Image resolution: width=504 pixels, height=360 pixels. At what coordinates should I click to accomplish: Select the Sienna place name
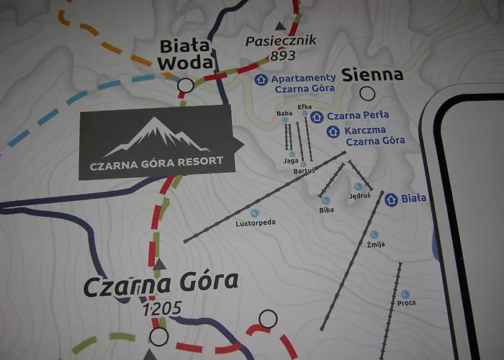(372, 75)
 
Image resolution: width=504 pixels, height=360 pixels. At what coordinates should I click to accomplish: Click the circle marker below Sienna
(368, 93)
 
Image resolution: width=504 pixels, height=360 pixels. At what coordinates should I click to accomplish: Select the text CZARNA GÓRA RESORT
(156, 161)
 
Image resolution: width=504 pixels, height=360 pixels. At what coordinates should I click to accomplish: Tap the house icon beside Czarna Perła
(315, 115)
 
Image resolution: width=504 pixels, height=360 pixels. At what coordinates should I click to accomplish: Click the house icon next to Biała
(391, 199)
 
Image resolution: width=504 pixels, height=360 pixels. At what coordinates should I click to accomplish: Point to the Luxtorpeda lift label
(256, 222)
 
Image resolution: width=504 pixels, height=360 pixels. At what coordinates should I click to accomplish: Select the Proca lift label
(406, 303)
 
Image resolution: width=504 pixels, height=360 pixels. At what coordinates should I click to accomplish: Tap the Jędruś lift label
(359, 195)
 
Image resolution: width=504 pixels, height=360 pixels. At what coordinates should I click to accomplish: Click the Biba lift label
(326, 210)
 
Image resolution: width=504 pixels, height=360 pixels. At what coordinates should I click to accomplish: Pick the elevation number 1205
(162, 310)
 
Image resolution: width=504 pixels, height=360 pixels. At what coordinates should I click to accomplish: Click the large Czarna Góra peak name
(160, 285)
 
